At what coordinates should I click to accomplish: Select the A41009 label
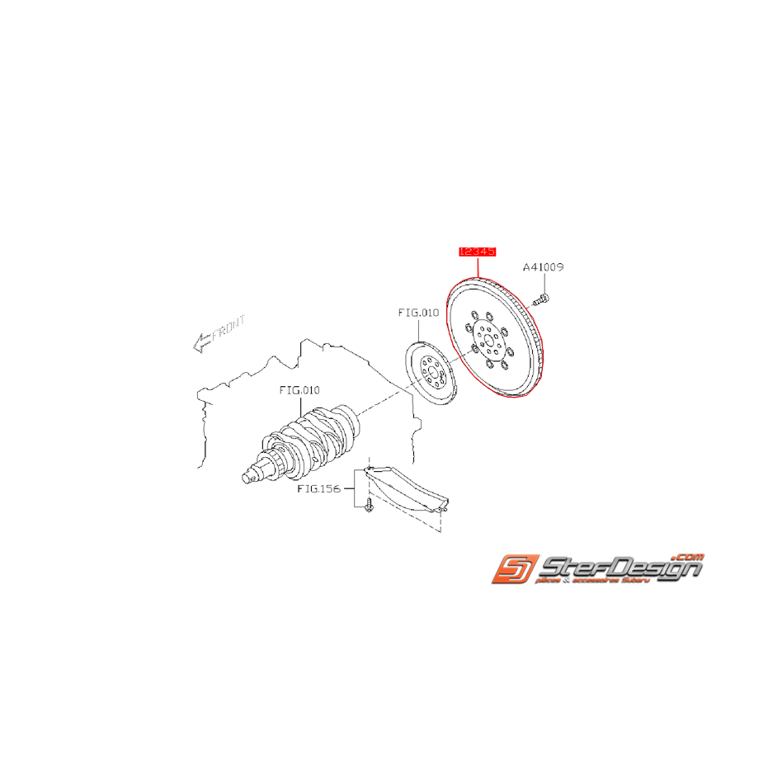click(x=544, y=267)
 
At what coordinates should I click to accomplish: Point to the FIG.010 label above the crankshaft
click(x=298, y=389)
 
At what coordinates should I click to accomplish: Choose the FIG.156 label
click(x=318, y=489)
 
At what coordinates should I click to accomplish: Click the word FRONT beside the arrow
click(x=229, y=332)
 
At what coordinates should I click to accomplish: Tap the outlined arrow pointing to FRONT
click(x=200, y=343)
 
